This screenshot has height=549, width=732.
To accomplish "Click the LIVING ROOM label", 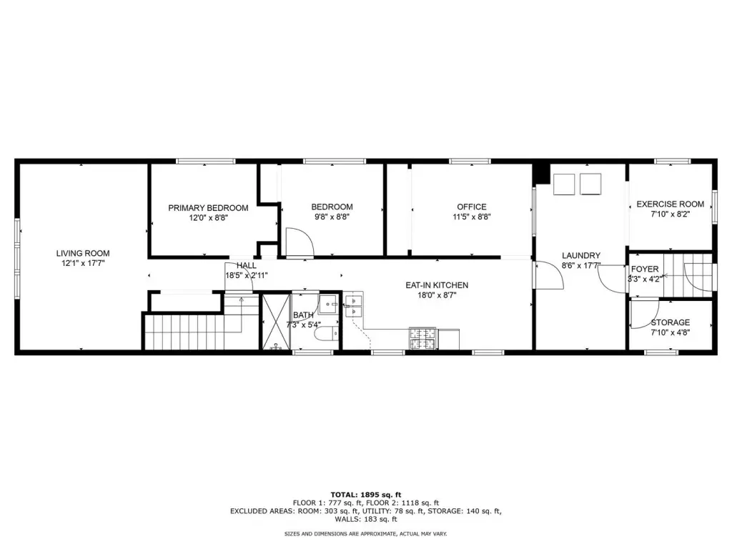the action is (x=83, y=254).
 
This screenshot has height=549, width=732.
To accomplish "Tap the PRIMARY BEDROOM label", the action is (x=208, y=208).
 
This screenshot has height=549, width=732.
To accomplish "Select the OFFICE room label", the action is (x=472, y=207).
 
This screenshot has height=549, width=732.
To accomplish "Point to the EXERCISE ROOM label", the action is (x=671, y=204).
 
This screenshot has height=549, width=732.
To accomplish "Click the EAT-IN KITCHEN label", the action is (x=437, y=285).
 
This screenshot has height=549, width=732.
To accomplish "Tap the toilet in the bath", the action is (x=327, y=334).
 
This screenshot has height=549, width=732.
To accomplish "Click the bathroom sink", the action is (x=330, y=305).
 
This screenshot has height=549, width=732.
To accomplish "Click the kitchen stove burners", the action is (x=423, y=338).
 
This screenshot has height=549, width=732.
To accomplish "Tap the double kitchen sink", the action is (x=354, y=305).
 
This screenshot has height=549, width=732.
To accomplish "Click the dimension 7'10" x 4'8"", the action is (x=671, y=332).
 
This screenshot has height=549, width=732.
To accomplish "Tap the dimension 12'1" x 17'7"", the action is (x=83, y=263).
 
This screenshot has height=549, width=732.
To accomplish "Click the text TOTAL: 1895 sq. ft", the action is (x=366, y=495).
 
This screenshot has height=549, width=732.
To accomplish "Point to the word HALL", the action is (x=247, y=266).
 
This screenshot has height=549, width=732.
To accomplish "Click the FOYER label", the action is (x=645, y=269).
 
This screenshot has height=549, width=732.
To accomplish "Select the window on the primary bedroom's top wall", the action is (x=206, y=161).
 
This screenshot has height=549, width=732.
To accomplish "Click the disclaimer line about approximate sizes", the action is (x=366, y=533).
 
